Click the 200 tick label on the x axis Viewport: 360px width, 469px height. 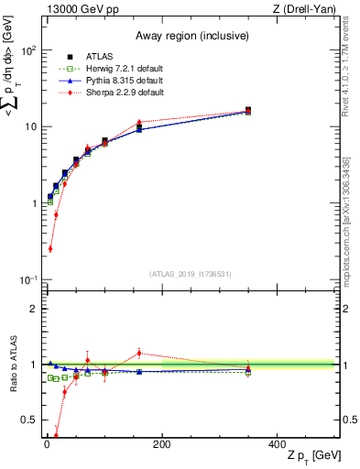(x=162, y=444)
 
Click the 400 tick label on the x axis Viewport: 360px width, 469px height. (x=278, y=444)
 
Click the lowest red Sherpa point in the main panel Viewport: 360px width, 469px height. (x=49, y=248)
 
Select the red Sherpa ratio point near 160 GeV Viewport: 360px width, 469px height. (x=139, y=353)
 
